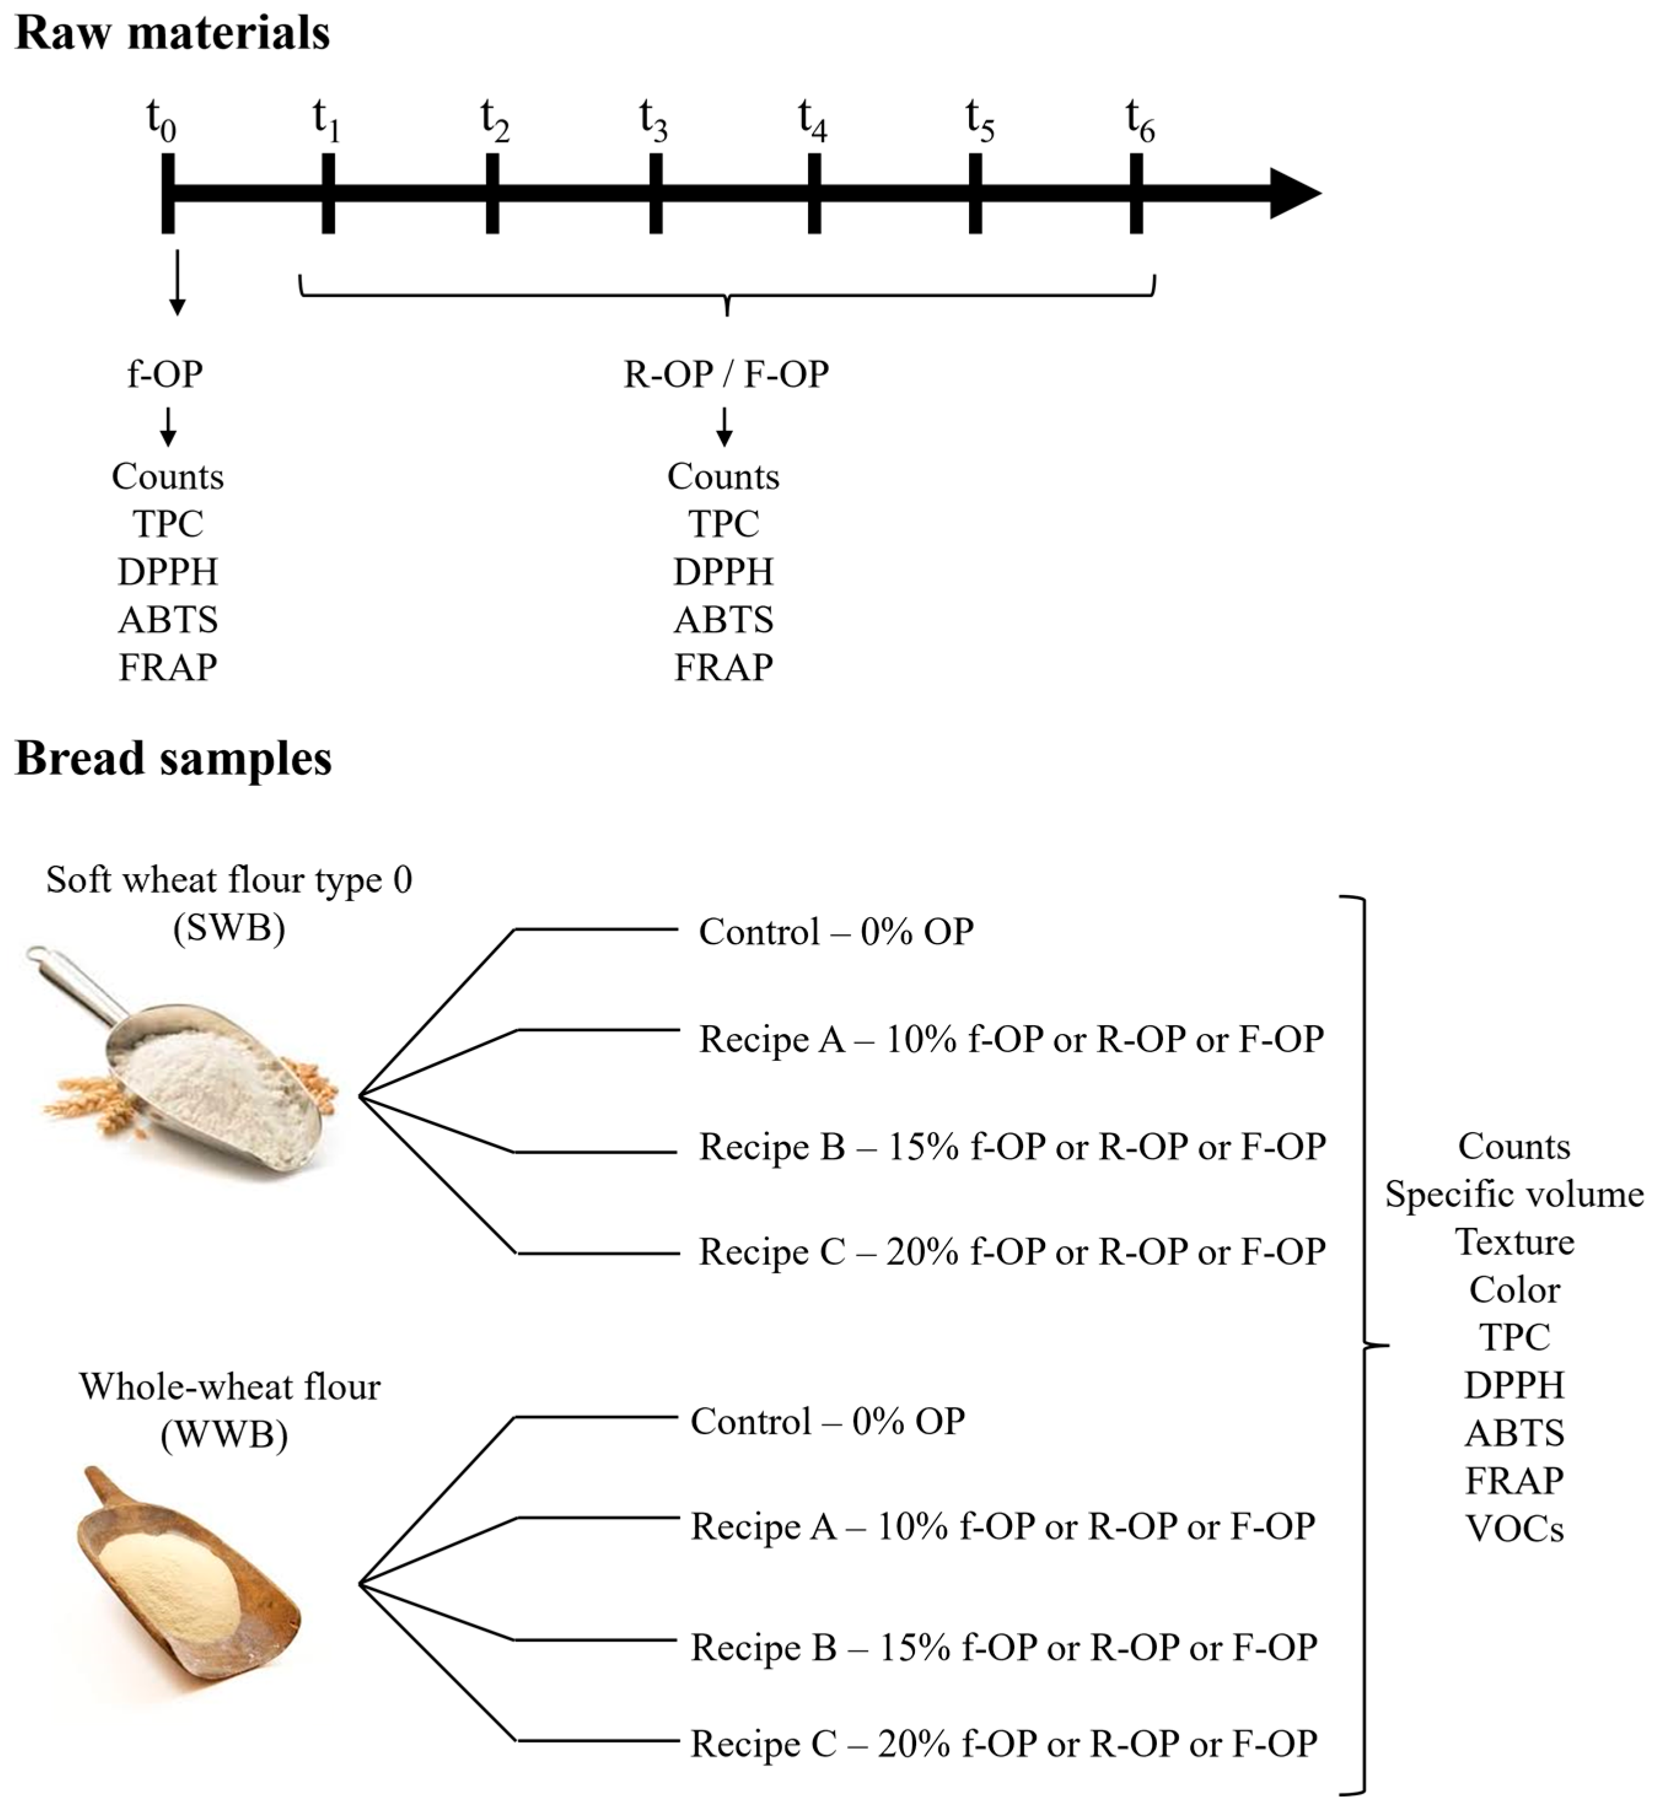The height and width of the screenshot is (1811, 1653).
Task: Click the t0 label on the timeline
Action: (x=161, y=122)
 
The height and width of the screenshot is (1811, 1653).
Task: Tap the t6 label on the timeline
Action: (x=1140, y=122)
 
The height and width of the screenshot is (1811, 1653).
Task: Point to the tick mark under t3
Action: (x=656, y=194)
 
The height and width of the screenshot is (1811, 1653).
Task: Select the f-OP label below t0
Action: (x=165, y=374)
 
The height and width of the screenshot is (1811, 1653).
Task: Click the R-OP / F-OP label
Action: (x=726, y=374)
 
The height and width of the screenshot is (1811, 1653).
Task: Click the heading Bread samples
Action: (x=173, y=759)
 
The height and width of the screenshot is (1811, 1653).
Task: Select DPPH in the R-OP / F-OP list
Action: (x=723, y=572)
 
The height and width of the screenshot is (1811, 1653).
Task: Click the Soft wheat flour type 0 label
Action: (x=229, y=880)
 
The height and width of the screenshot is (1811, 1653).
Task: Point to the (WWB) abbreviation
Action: (x=225, y=1435)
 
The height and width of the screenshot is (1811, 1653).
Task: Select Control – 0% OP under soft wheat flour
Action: (x=836, y=933)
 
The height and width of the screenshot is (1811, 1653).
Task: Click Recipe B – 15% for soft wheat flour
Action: (x=1013, y=1147)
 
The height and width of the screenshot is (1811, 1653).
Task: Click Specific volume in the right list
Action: (x=1515, y=1195)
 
